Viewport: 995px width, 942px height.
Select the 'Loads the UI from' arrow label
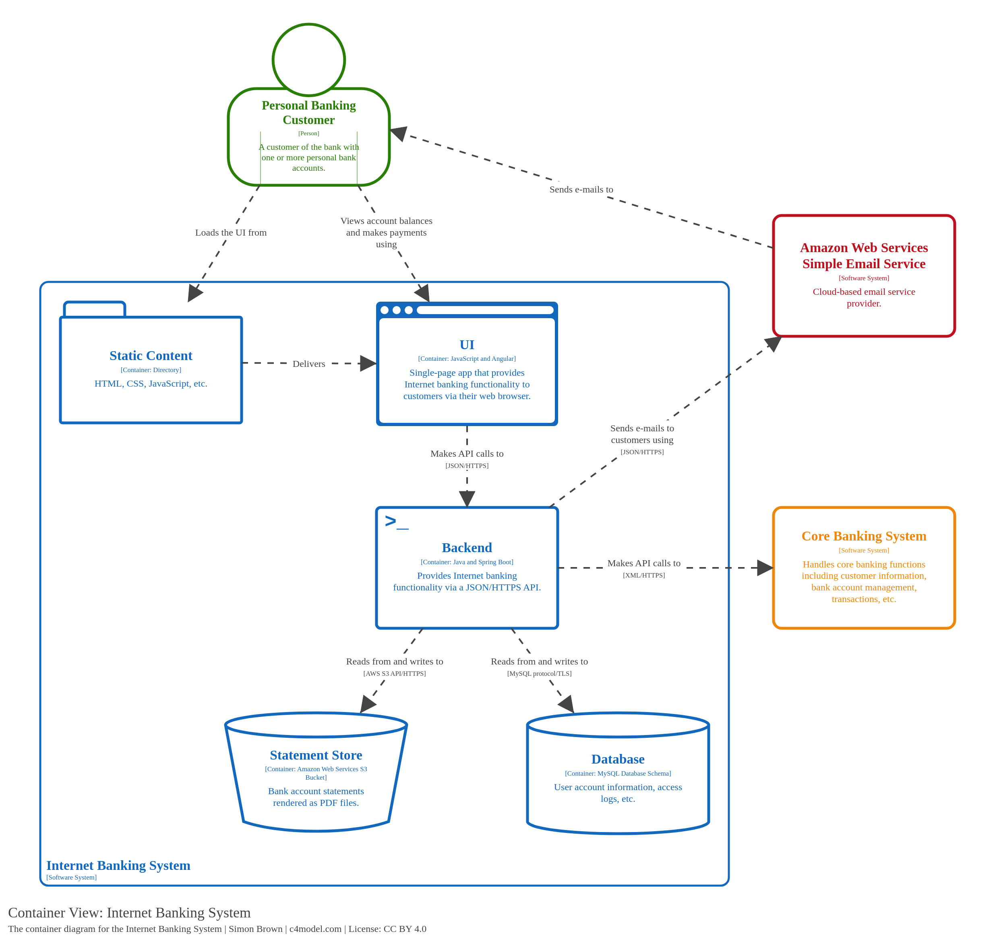230,232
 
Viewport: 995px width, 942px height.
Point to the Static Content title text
151,356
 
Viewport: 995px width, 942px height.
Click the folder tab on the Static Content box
94,309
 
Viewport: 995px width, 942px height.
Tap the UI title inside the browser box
466,344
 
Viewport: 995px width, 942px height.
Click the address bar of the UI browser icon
484,310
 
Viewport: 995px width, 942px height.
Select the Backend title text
466,547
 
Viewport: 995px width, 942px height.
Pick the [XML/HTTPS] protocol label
643,575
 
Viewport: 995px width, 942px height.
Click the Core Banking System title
863,536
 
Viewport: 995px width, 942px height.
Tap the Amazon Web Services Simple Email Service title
863,256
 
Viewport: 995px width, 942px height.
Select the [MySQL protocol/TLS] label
539,673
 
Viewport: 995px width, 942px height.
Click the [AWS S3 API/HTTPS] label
394,673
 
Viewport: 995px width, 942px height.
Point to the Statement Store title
316,755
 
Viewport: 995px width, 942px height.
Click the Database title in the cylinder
617,759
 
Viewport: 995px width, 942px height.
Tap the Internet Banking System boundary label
118,865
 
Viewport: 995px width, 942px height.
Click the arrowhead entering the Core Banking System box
765,568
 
